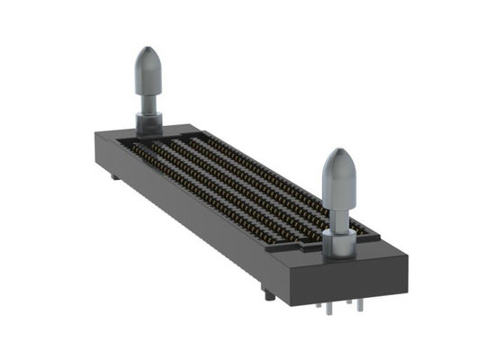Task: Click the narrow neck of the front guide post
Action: tap(339, 214)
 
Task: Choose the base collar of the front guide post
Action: tap(339, 241)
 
